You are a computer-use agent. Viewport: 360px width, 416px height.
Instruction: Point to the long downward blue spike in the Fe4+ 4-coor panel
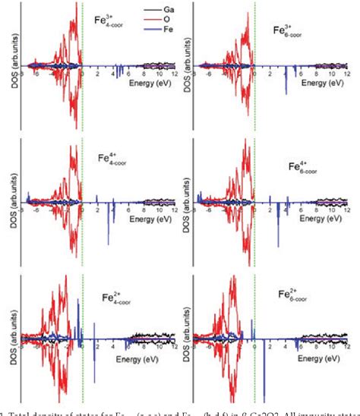pyautogui.click(x=108, y=224)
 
